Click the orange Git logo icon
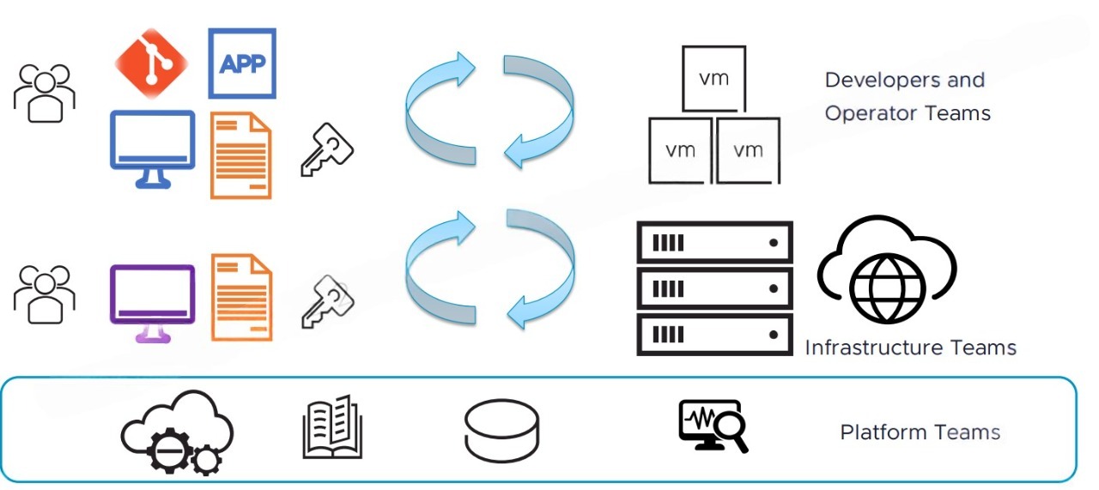click(151, 64)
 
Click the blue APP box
click(242, 64)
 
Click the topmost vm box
click(713, 78)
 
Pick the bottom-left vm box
click(680, 150)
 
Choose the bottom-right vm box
click(748, 150)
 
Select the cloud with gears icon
click(177, 433)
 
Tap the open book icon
click(332, 426)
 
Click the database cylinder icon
click(501, 430)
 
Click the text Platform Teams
click(920, 432)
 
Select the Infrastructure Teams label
click(910, 348)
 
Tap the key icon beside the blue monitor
click(326, 150)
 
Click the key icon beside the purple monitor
click(326, 301)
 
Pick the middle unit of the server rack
click(714, 288)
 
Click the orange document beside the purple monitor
click(241, 297)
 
